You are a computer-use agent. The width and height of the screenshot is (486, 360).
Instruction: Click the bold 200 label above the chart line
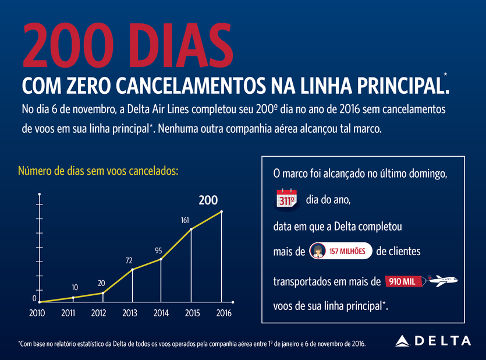(x=208, y=200)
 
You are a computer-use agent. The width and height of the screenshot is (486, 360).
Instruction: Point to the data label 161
(x=185, y=221)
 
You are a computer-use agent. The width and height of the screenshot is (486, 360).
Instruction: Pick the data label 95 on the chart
(x=158, y=250)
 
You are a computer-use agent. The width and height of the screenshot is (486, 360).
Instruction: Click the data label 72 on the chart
(x=129, y=260)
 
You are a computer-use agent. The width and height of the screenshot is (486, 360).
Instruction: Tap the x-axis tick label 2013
(x=130, y=313)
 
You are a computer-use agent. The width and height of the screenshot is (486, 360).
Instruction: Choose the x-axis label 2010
(x=37, y=313)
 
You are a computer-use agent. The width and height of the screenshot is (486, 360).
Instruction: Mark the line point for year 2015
(x=191, y=230)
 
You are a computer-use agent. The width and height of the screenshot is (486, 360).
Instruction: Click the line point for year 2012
(x=102, y=293)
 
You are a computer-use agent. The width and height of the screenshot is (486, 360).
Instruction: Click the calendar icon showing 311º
(x=286, y=199)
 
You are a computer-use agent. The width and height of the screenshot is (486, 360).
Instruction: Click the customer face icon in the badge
(x=318, y=251)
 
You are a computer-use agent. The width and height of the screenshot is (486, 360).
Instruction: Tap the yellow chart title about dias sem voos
(x=98, y=171)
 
